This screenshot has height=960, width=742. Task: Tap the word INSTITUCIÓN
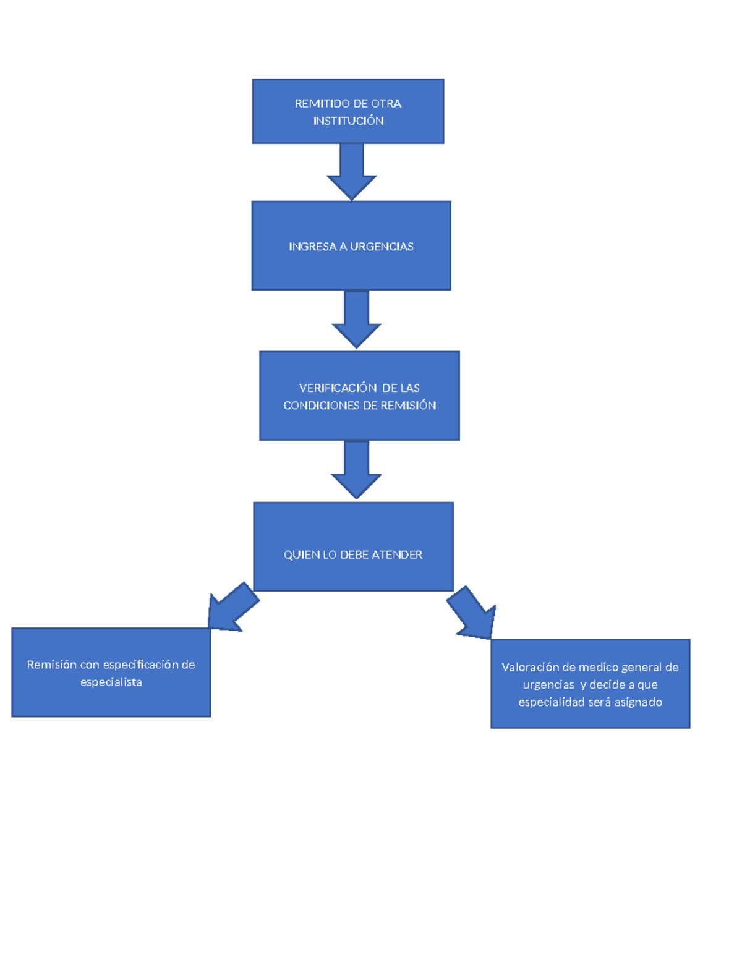(x=348, y=121)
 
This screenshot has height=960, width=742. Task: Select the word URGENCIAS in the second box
(x=382, y=247)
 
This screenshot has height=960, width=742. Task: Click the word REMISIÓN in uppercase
(x=408, y=405)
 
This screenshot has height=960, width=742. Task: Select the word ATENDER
(x=397, y=555)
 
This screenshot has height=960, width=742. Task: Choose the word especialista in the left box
(x=111, y=682)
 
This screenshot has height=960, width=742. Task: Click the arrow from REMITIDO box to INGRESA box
(x=352, y=172)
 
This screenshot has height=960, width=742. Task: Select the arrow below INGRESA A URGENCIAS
(x=356, y=320)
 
